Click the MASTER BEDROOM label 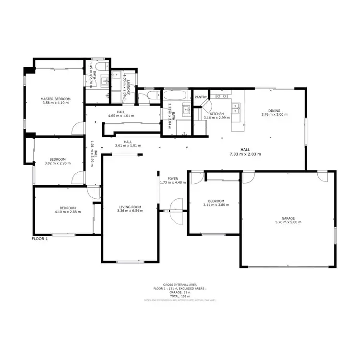(56, 99)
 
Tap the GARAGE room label (288, 218)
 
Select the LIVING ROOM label (131, 206)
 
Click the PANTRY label (201, 97)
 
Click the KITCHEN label (217, 114)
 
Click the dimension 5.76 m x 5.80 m (288, 222)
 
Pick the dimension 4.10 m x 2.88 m (65, 212)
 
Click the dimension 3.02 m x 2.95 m (57, 163)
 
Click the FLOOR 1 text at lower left (40, 239)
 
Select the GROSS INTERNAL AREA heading (180, 284)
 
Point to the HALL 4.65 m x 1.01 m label (121, 114)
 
